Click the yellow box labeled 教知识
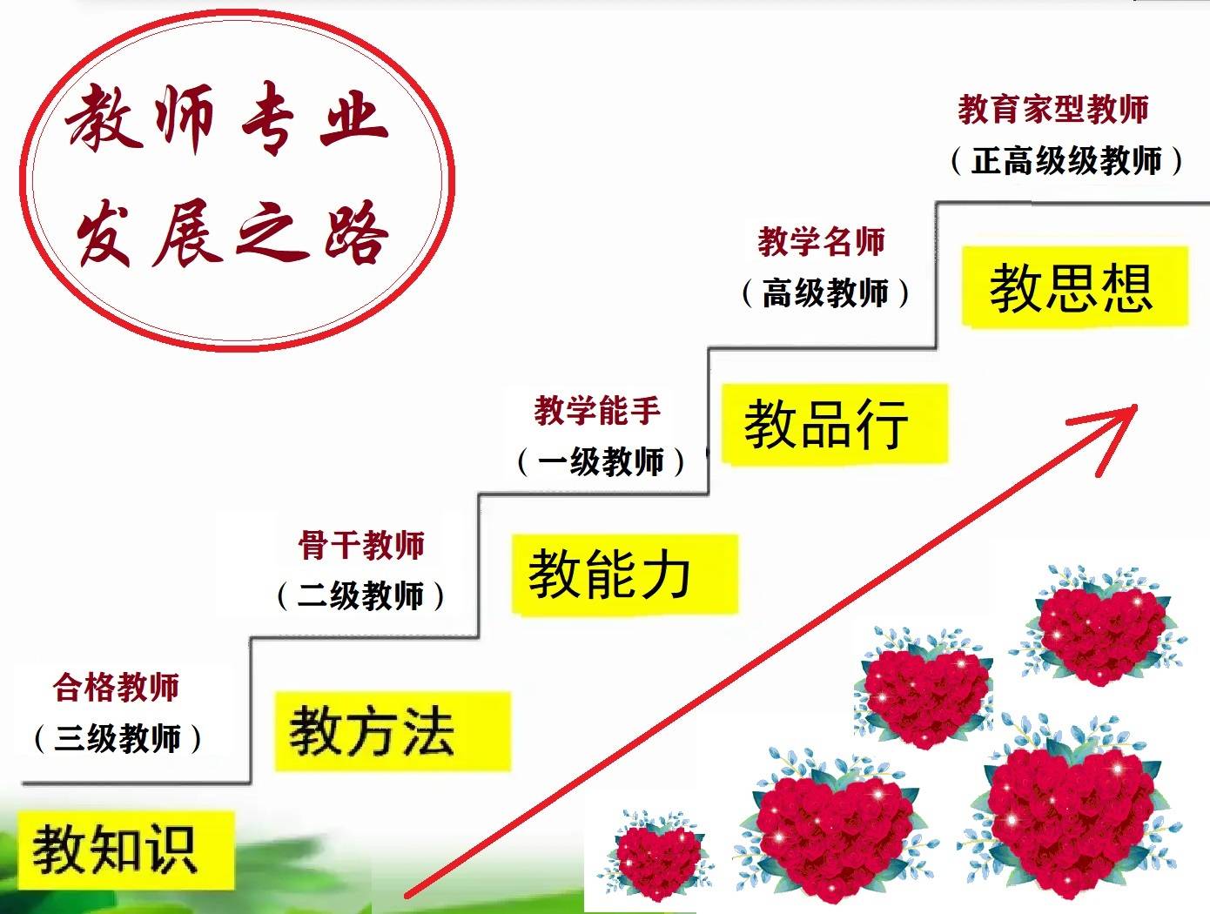[x=126, y=850]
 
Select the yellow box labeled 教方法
[x=393, y=731]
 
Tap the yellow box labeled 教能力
[x=625, y=575]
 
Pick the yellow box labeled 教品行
[x=835, y=424]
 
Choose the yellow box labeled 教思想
[x=1075, y=286]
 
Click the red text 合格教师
[x=117, y=687]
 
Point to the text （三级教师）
[x=118, y=738]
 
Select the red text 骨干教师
[x=361, y=545]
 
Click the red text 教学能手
[x=597, y=411]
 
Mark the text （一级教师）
[x=601, y=461]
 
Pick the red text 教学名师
[x=822, y=241]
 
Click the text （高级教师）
[x=825, y=292]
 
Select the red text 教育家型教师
[x=1053, y=109]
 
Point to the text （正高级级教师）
[x=1066, y=160]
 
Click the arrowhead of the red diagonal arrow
[x=1137, y=407]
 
